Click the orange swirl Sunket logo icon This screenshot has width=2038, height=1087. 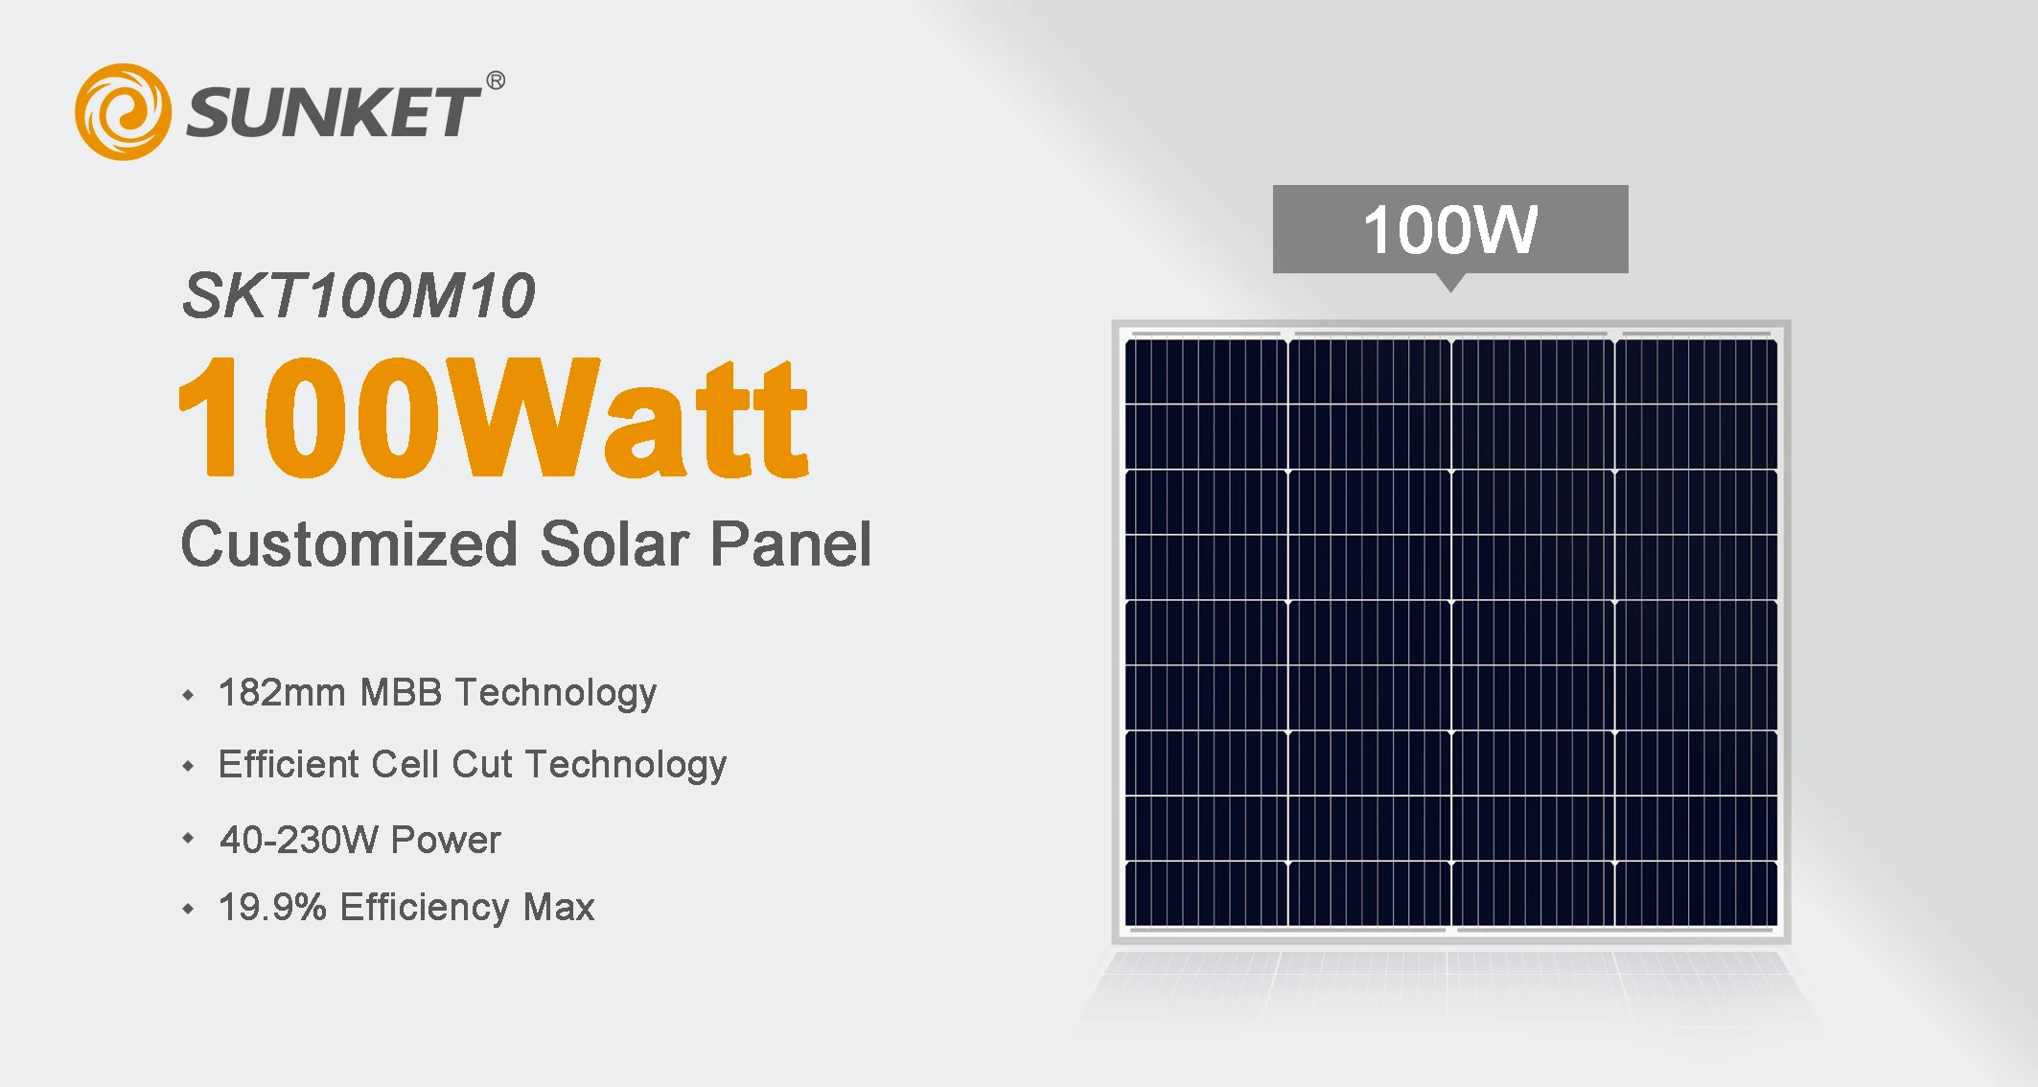tap(123, 111)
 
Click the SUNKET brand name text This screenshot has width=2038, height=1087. tap(332, 112)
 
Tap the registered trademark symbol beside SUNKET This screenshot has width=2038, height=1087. tap(496, 81)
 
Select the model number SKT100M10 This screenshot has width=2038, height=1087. tap(359, 295)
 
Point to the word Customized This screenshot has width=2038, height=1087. tap(350, 544)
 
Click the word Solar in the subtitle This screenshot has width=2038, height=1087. tap(614, 544)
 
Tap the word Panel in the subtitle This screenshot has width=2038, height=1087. tap(791, 544)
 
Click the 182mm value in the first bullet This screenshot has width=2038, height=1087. tap(282, 692)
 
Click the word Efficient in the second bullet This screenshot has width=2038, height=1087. tap(289, 764)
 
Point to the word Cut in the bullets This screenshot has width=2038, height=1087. tap(482, 764)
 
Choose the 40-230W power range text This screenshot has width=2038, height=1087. tap(299, 840)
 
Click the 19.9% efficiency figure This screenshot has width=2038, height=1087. tap(272, 907)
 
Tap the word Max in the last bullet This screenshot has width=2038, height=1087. tap(559, 907)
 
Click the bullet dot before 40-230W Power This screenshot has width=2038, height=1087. tap(188, 839)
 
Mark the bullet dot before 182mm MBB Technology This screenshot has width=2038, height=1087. tap(188, 694)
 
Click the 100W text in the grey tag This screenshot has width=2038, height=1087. tap(1449, 230)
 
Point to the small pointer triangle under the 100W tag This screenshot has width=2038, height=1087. tap(1451, 282)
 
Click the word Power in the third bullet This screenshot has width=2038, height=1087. tap(446, 840)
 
